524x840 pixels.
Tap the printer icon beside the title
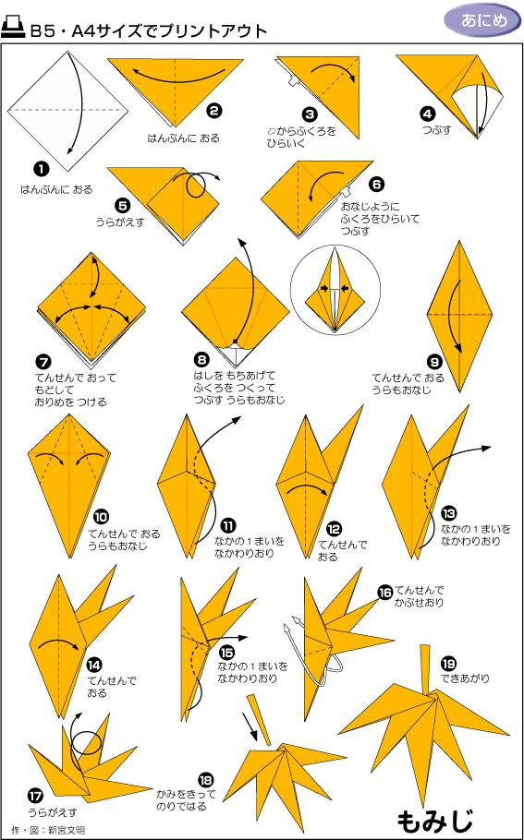tap(14, 29)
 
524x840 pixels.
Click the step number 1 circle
tap(40, 168)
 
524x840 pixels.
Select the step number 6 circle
tap(375, 186)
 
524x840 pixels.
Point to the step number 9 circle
tap(433, 360)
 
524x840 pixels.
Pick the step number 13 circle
tap(448, 513)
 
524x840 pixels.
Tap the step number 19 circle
tap(448, 664)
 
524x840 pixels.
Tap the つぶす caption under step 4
tap(436, 130)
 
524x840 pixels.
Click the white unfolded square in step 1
tap(68, 111)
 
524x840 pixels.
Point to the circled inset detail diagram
tap(332, 288)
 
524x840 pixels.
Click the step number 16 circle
tap(384, 593)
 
